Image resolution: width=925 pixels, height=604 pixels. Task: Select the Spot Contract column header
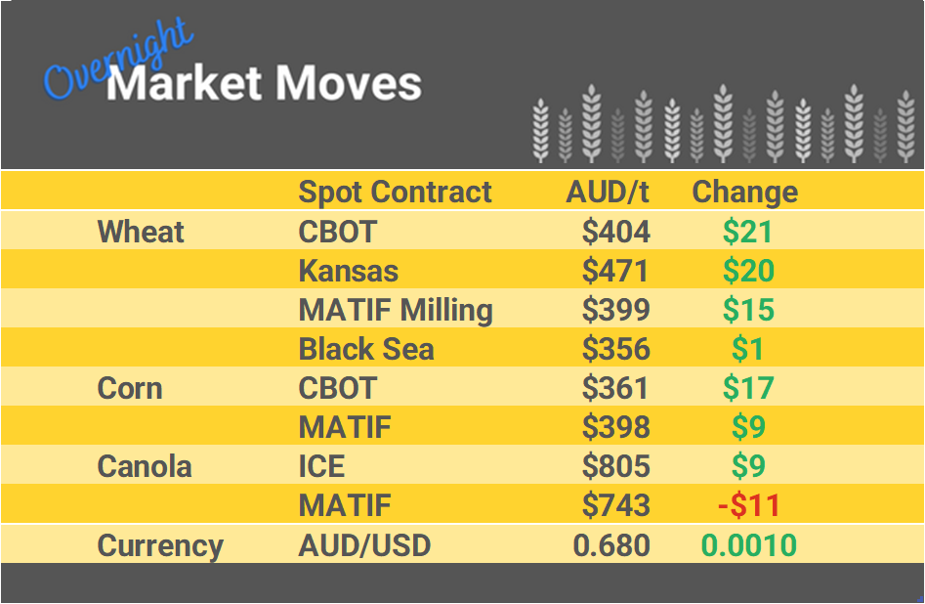pyautogui.click(x=395, y=192)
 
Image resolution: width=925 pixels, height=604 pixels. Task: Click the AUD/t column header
pyautogui.click(x=608, y=192)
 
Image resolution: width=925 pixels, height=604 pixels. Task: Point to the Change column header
pyautogui.click(x=744, y=192)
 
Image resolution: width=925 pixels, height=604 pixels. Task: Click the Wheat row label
pyautogui.click(x=141, y=232)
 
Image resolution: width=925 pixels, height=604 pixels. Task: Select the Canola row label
pyautogui.click(x=145, y=466)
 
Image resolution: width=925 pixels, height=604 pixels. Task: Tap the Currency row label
pyautogui.click(x=160, y=545)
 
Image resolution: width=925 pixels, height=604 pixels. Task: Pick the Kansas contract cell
pyautogui.click(x=348, y=271)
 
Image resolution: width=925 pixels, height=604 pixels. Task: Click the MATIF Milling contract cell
pyautogui.click(x=395, y=310)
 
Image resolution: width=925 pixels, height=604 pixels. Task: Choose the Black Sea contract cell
pyautogui.click(x=366, y=349)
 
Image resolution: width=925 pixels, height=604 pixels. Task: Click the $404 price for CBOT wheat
pyautogui.click(x=615, y=232)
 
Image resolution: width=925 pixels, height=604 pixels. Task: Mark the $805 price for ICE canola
pyautogui.click(x=615, y=466)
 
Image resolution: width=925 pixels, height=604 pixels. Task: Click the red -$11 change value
pyautogui.click(x=748, y=505)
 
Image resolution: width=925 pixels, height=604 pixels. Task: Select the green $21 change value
pyautogui.click(x=747, y=232)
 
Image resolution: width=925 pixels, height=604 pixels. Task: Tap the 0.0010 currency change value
pyautogui.click(x=748, y=545)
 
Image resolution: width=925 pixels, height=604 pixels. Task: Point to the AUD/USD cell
pyautogui.click(x=363, y=545)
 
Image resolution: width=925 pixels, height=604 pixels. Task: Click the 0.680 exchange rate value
pyautogui.click(x=611, y=545)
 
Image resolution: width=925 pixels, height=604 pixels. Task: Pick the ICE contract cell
pyautogui.click(x=321, y=466)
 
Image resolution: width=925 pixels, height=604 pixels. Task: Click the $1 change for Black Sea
pyautogui.click(x=748, y=349)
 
